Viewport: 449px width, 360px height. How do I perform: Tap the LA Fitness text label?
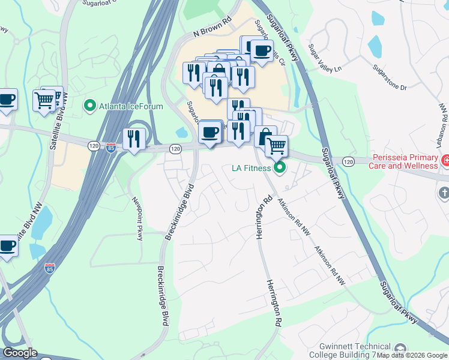pos(253,167)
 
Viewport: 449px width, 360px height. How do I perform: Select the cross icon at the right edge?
pos(444,193)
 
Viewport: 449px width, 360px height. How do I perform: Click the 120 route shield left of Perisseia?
pos(348,161)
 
